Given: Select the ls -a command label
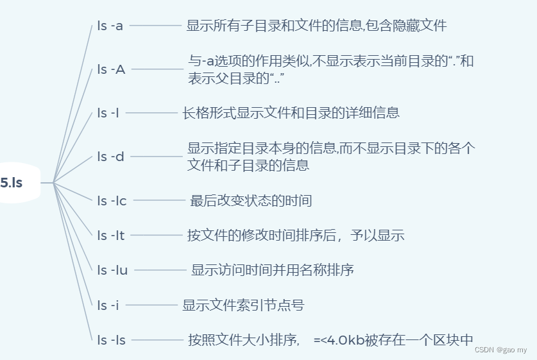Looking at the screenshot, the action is [x=110, y=26].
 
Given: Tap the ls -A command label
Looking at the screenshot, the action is [x=111, y=69].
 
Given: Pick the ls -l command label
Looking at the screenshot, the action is [x=108, y=113].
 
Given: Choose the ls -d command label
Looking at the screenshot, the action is [x=110, y=156].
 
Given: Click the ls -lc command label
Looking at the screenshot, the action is [x=112, y=201].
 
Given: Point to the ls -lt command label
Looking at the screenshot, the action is [x=111, y=235].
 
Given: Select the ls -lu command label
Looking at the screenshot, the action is [x=112, y=270].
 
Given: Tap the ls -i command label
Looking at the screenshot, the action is [x=108, y=305].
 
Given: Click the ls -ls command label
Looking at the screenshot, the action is [x=111, y=340].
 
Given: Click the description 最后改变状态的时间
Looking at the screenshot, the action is [x=251, y=201].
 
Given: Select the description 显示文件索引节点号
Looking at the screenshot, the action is [x=243, y=305].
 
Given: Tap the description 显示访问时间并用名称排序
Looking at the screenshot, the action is [x=273, y=270].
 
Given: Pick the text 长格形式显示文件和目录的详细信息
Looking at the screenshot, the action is [x=291, y=113].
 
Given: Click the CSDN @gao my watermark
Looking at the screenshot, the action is [x=500, y=350].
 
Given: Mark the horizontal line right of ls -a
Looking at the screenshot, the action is [x=156, y=26].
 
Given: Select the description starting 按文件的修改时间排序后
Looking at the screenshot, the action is [x=296, y=235].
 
